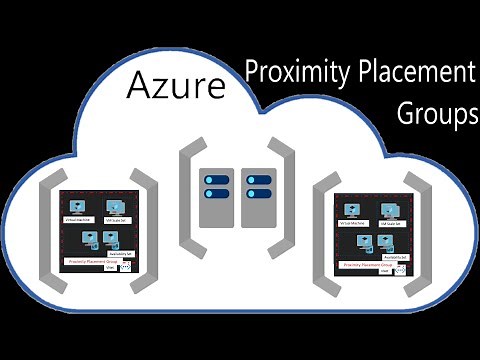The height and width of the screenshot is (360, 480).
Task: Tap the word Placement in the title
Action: click(410, 73)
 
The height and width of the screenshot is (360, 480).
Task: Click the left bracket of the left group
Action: click(45, 230)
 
